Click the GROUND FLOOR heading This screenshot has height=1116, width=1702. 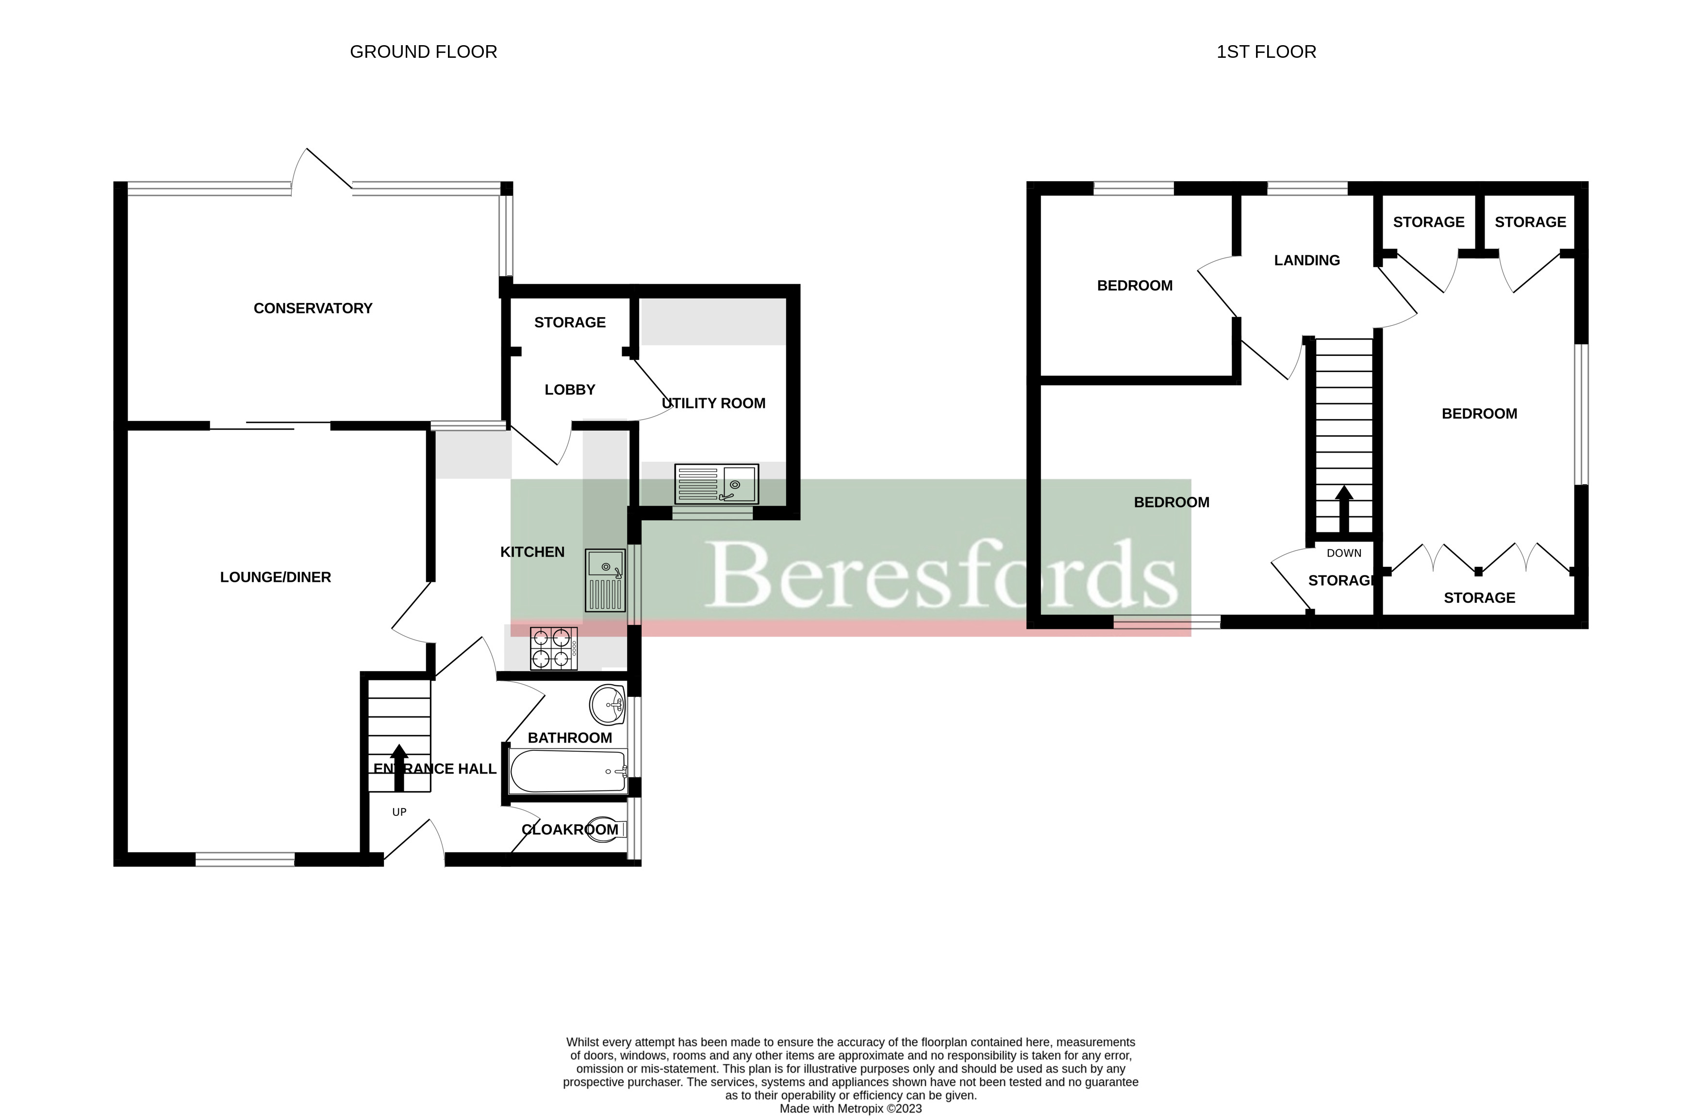point(423,51)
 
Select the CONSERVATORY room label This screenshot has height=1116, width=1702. point(313,308)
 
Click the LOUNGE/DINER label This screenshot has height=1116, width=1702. point(275,577)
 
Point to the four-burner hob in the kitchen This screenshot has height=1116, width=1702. point(554,648)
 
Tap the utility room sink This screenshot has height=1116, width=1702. point(716,484)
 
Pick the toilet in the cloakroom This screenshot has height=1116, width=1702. point(604,830)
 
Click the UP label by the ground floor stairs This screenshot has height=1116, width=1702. point(399,812)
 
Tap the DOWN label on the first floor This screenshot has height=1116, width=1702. point(1344,553)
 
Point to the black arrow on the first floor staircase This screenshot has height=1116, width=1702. point(1344,508)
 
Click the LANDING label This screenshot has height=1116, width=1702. point(1306,260)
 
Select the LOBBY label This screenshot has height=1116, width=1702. point(569,390)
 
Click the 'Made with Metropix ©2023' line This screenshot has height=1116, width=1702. point(850,1109)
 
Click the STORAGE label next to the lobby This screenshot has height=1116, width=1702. point(569,322)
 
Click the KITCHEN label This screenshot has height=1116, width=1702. point(532,552)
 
